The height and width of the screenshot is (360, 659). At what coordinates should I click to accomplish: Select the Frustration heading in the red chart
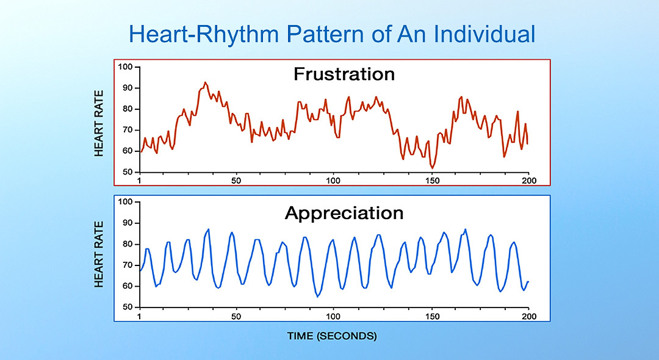pyautogui.click(x=344, y=74)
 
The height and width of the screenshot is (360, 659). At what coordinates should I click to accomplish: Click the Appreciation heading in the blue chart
pyautogui.click(x=344, y=213)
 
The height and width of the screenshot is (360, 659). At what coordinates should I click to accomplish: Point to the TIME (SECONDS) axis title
pyautogui.click(x=332, y=336)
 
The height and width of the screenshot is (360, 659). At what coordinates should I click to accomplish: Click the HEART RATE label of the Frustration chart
pyautogui.click(x=100, y=123)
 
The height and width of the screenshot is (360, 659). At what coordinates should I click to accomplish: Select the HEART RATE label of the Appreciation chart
pyautogui.click(x=100, y=254)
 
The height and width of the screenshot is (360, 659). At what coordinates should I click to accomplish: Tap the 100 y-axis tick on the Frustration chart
pyautogui.click(x=125, y=67)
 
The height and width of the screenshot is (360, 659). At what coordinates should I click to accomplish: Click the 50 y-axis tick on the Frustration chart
pyautogui.click(x=127, y=172)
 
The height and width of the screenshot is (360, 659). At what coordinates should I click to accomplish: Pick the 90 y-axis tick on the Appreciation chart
pyautogui.click(x=127, y=223)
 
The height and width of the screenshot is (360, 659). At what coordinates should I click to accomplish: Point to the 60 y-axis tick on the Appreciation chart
pyautogui.click(x=127, y=286)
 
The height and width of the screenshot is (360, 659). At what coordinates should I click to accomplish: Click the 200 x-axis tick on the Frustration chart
pyautogui.click(x=528, y=181)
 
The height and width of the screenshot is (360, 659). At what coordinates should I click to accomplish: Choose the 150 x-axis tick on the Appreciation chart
pyautogui.click(x=431, y=316)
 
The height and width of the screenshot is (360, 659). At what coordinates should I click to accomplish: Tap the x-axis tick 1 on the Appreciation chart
pyautogui.click(x=140, y=316)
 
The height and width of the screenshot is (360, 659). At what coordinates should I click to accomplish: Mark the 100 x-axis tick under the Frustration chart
pyautogui.click(x=333, y=181)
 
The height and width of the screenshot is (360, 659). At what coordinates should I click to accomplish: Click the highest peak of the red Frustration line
pyautogui.click(x=205, y=82)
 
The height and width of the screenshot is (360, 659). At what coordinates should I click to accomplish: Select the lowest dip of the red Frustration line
pyautogui.click(x=432, y=168)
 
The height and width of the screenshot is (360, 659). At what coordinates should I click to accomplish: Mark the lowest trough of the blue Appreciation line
pyautogui.click(x=318, y=297)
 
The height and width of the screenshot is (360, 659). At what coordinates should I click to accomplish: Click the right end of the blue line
pyautogui.click(x=528, y=281)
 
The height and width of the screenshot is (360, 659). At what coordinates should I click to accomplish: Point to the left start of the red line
pyautogui.click(x=140, y=151)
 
